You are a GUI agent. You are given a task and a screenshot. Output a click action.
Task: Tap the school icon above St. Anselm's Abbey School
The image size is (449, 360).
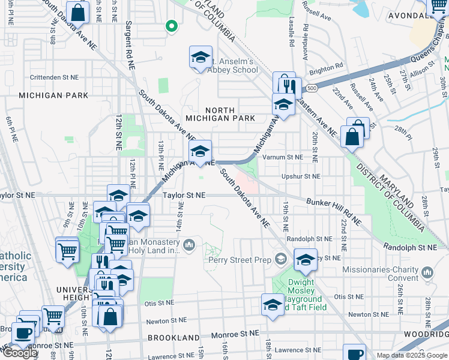point(200,57)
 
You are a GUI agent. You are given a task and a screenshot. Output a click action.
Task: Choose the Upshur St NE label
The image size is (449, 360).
point(301,176)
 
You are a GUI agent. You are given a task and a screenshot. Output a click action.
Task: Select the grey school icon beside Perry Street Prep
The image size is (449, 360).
point(280,259)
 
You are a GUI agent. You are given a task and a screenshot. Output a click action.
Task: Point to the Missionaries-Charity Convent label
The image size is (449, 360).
point(381,274)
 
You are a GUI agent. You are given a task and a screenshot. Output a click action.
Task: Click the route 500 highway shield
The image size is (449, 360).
point(310,88)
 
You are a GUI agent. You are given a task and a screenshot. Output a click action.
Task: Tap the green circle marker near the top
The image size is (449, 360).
point(172,26)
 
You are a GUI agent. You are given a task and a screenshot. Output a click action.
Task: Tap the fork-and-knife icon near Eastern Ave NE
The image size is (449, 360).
point(289,86)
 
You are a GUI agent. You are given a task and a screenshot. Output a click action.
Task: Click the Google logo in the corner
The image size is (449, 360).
point(20,353)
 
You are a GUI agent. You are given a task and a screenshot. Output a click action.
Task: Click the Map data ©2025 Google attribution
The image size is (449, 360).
point(412,355)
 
